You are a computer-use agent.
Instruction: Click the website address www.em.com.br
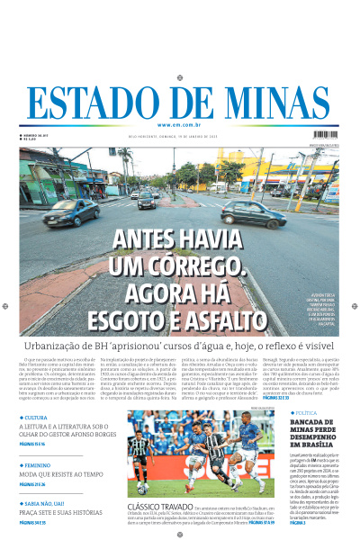(179, 124)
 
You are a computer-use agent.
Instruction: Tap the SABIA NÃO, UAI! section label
(47, 504)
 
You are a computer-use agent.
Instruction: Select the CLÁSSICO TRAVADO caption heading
(158, 507)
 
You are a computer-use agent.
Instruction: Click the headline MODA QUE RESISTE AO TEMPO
(63, 474)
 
